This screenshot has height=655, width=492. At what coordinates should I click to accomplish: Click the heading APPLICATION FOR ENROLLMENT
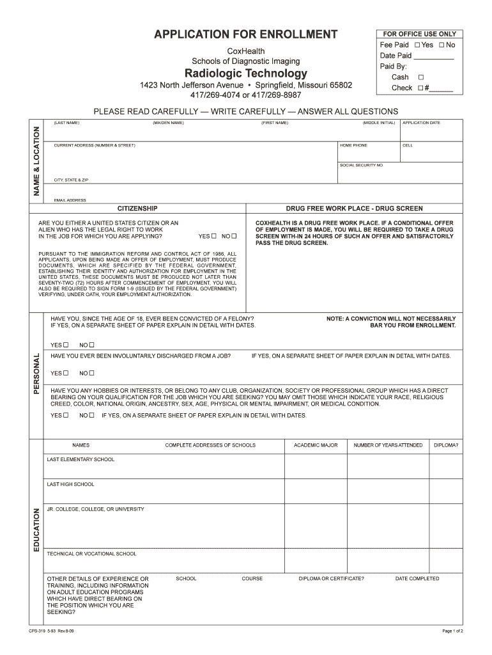point(246,35)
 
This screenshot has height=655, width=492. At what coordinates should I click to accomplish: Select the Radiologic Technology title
point(246,73)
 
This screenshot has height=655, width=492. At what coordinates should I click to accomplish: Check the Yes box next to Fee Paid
point(417,45)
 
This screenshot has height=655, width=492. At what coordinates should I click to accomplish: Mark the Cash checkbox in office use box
point(420,77)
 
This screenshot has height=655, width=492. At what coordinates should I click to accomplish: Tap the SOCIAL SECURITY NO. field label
point(361,165)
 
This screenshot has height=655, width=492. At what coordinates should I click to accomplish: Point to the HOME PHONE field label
point(353,145)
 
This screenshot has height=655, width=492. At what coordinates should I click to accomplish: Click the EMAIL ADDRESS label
point(70,200)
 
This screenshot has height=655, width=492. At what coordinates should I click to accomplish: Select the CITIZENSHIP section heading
point(137,209)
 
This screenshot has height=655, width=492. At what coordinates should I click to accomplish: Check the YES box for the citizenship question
point(214,236)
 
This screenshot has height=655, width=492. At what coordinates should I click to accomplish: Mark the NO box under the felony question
point(91,345)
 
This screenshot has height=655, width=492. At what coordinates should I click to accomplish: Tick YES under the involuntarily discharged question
point(65,373)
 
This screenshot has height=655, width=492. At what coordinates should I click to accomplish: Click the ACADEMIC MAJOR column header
point(316,445)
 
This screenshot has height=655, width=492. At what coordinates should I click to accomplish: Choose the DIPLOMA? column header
point(445,445)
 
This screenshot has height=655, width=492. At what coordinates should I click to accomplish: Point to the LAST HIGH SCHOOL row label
point(70,484)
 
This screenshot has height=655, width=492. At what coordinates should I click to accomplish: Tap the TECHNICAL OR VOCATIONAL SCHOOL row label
point(91,554)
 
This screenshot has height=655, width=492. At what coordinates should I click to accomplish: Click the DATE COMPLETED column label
point(417,579)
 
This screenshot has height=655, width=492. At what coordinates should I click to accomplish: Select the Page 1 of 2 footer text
point(452,631)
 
